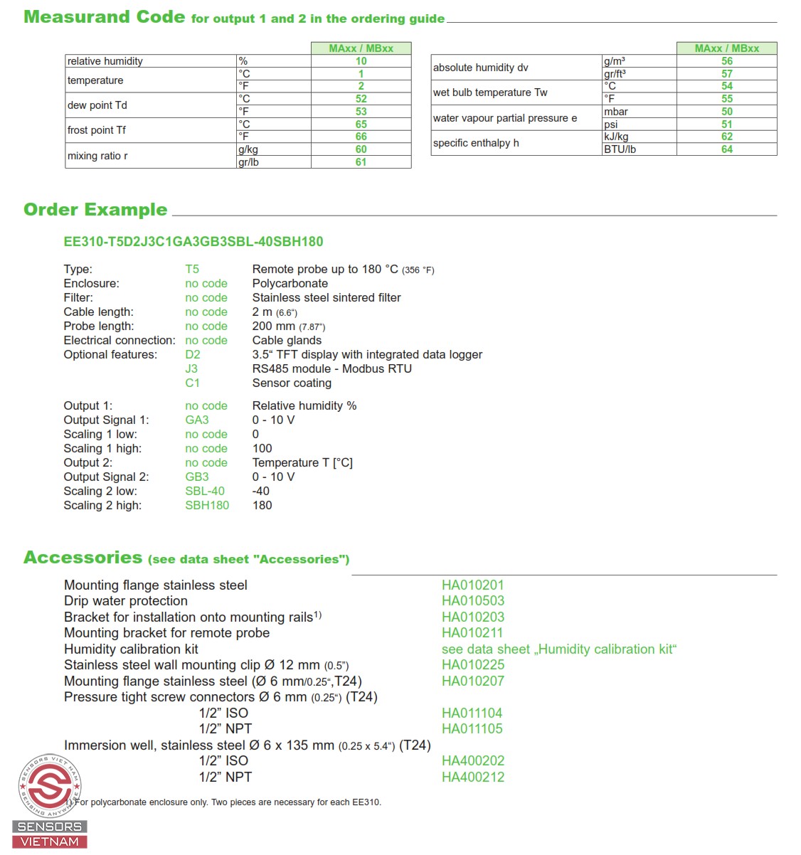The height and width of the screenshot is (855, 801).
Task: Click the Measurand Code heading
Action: tap(104, 17)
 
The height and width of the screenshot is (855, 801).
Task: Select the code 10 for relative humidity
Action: tap(361, 61)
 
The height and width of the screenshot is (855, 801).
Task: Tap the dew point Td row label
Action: tap(97, 105)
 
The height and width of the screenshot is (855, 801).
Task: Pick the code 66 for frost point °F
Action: tap(361, 137)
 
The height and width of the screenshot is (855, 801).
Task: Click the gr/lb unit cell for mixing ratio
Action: tap(249, 162)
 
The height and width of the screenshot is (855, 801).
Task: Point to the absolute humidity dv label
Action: tap(481, 68)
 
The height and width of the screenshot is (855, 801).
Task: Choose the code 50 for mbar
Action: tap(726, 112)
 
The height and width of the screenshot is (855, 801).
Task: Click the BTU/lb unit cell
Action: tap(620, 149)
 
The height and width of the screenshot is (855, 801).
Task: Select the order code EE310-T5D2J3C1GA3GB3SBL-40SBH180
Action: tap(193, 241)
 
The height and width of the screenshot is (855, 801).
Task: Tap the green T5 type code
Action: tap(192, 269)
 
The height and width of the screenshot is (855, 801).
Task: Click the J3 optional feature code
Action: tap(191, 368)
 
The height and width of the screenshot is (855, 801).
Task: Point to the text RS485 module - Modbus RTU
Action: tap(331, 368)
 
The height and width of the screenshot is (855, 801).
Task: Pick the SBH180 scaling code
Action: tap(207, 505)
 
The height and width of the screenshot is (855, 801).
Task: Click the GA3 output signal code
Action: tap(197, 420)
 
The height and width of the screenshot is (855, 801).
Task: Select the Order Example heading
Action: tap(95, 210)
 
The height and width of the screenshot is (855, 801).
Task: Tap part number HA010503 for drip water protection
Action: tap(472, 601)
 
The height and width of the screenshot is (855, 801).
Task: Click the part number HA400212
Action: tap(472, 777)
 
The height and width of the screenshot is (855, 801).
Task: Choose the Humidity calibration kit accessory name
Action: tap(131, 649)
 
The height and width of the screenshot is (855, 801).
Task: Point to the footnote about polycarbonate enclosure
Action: tap(228, 802)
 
